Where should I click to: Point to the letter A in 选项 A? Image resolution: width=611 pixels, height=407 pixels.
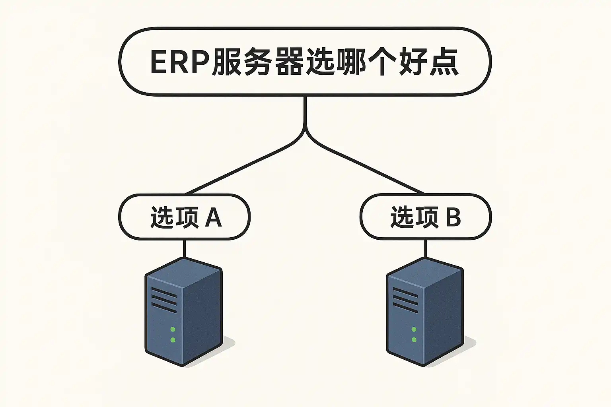pyautogui.click(x=213, y=217)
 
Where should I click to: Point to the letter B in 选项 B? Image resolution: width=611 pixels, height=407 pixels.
pyautogui.click(x=453, y=217)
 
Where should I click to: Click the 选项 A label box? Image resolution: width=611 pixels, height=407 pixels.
pyautogui.click(x=184, y=217)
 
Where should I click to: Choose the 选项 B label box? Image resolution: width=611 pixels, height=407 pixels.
pyautogui.click(x=425, y=217)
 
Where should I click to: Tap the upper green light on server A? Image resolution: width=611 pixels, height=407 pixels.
pyautogui.click(x=173, y=329)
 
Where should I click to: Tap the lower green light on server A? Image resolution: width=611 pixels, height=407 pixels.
pyautogui.click(x=173, y=340)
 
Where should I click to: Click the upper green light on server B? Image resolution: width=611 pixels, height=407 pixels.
pyautogui.click(x=414, y=329)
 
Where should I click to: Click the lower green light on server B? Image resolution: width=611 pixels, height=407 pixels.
pyautogui.click(x=414, y=340)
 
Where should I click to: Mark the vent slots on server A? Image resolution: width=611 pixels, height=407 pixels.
pyautogui.click(x=164, y=300)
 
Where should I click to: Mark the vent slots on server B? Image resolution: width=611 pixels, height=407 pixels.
pyautogui.click(x=405, y=300)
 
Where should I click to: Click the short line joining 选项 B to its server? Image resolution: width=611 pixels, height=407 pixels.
pyautogui.click(x=426, y=248)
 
